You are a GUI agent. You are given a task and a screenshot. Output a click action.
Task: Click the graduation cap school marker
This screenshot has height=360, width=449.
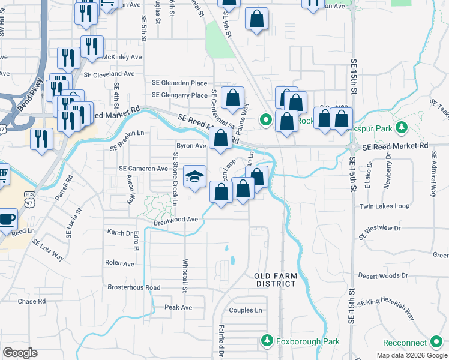coord(194,176)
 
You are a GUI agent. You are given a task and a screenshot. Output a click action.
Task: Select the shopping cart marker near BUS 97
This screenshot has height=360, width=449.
coord(2,175)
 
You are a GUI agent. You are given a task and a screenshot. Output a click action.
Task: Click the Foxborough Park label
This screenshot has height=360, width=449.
coord(307,342)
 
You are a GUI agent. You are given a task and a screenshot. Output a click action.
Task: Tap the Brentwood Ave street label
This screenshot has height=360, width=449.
coord(175,220)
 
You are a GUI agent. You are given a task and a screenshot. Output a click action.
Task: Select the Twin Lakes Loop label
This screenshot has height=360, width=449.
coord(384,206)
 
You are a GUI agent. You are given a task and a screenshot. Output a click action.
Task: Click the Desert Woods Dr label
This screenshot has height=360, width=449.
coord(382,276)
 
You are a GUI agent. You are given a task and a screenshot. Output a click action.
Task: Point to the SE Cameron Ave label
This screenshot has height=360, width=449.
coord(143,169)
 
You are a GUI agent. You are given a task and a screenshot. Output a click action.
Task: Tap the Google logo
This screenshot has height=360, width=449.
coord(20,353)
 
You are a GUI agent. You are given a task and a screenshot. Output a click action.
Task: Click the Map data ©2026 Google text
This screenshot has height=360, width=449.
coord(412,355)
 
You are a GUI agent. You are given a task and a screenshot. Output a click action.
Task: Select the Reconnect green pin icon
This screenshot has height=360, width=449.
coord(437,343)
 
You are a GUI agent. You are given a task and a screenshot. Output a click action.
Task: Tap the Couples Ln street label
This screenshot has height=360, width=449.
coord(246,311)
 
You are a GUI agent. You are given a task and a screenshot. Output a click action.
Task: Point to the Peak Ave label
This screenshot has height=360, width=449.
coord(178,308)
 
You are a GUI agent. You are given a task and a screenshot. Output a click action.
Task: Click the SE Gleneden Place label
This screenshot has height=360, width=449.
coord(179,83)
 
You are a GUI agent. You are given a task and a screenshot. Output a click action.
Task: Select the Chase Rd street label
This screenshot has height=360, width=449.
coord(31,301)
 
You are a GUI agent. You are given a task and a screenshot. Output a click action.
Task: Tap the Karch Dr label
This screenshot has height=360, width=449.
coord(119,233)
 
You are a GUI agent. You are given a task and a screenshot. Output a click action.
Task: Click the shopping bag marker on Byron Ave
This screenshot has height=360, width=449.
coord(221,139)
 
